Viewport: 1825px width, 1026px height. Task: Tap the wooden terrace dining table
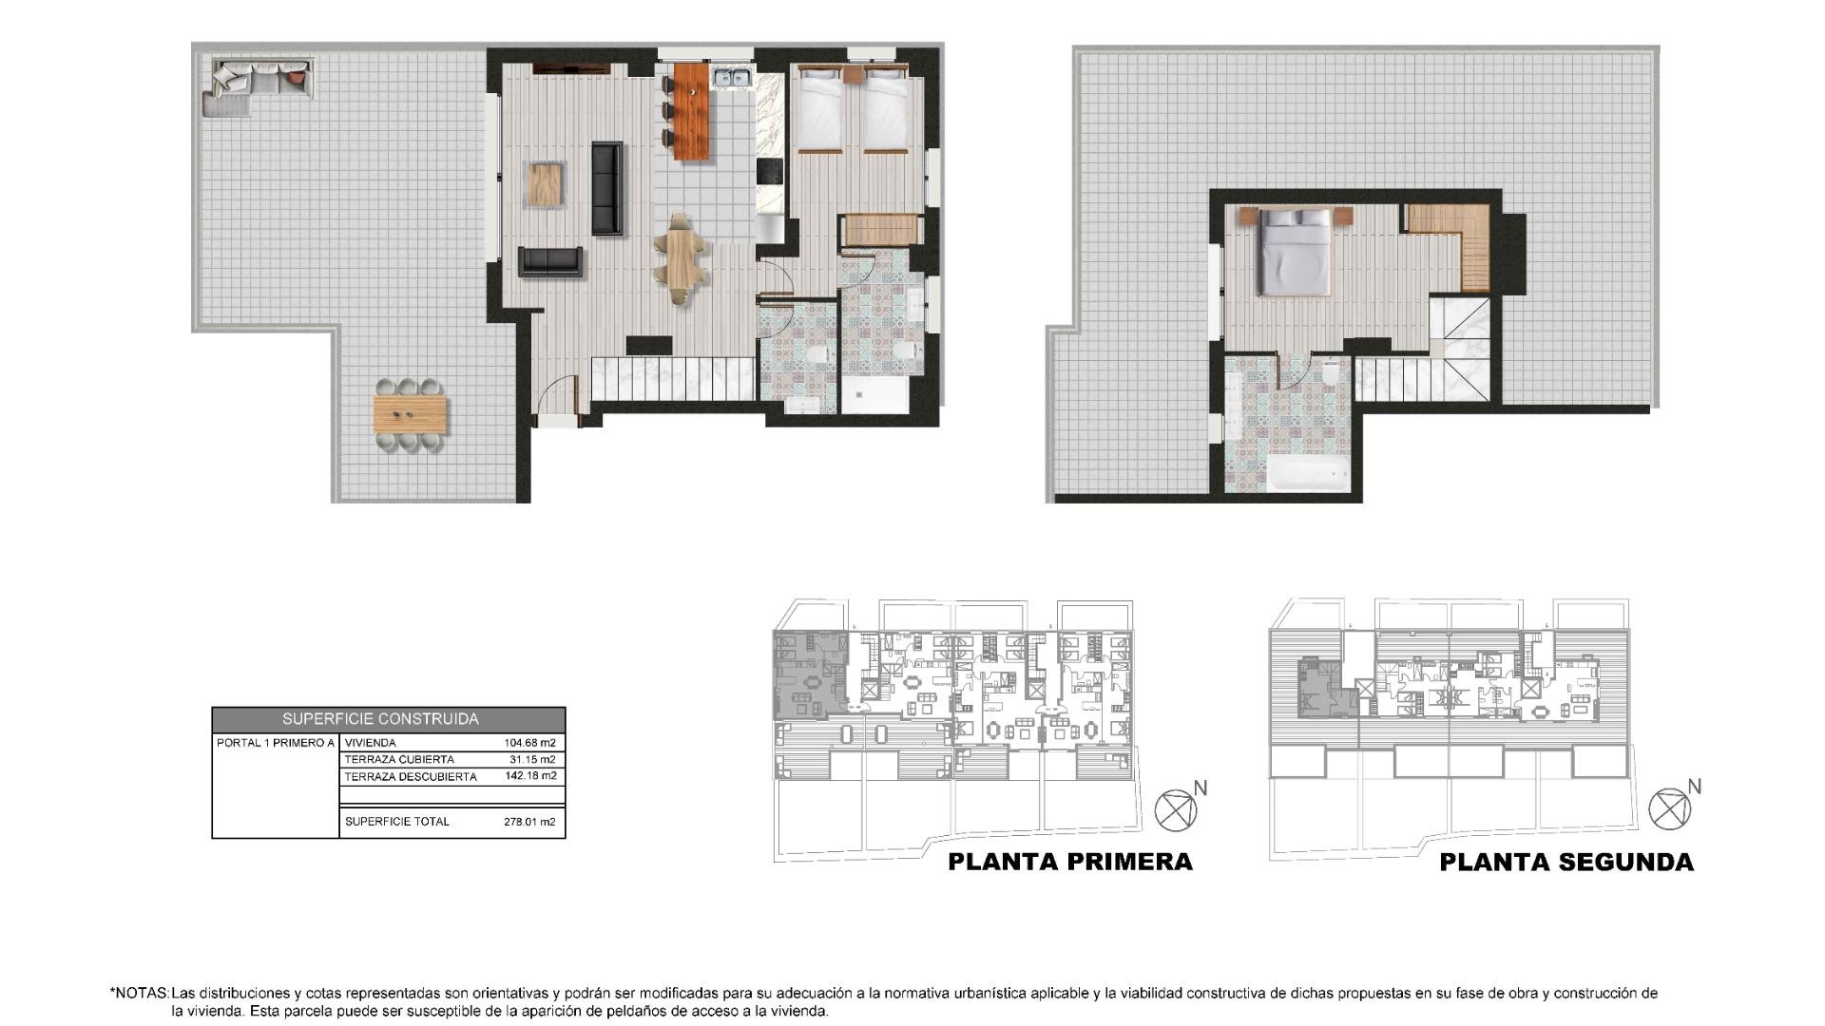click(x=411, y=413)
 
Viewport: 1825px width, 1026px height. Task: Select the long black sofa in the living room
click(x=607, y=188)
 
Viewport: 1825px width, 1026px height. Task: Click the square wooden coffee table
click(x=547, y=184)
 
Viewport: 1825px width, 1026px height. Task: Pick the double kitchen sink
click(x=733, y=77)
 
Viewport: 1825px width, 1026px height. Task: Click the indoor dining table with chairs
click(x=682, y=258)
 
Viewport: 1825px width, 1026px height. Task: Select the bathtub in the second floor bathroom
click(x=1309, y=472)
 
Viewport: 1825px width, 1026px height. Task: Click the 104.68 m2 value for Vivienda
click(x=529, y=743)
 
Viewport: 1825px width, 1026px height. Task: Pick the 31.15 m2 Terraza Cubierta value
click(x=532, y=759)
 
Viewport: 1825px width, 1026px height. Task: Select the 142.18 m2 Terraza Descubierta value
click(x=530, y=776)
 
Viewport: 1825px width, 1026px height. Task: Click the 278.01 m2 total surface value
click(x=529, y=822)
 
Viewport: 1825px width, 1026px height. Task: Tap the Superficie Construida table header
click(x=380, y=719)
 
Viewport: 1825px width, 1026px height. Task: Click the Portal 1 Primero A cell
click(x=276, y=743)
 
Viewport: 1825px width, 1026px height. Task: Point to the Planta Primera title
click(x=1070, y=862)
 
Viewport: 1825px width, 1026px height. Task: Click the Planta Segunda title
click(x=1566, y=863)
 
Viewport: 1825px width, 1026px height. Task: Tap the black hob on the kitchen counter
click(x=769, y=172)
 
